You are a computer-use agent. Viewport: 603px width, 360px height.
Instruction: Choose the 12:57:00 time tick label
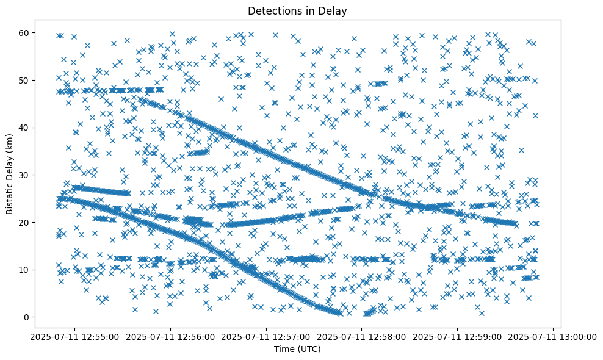[266, 336]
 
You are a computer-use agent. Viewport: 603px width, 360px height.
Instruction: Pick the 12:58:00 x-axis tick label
[362, 336]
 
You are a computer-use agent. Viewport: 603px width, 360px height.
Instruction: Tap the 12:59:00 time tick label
[458, 336]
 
